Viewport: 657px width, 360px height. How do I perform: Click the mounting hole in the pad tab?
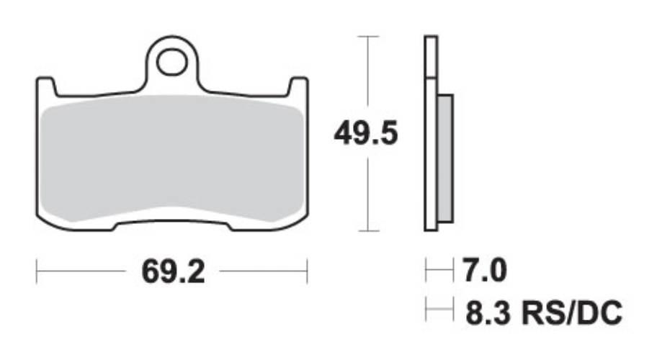[171, 62]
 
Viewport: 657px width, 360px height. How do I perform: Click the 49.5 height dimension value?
[366, 133]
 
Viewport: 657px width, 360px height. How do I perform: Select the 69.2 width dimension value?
[173, 271]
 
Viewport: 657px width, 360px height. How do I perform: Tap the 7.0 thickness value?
[484, 271]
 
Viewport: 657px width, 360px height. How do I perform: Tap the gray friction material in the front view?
[173, 158]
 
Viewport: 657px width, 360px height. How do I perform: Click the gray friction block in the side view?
[444, 158]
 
